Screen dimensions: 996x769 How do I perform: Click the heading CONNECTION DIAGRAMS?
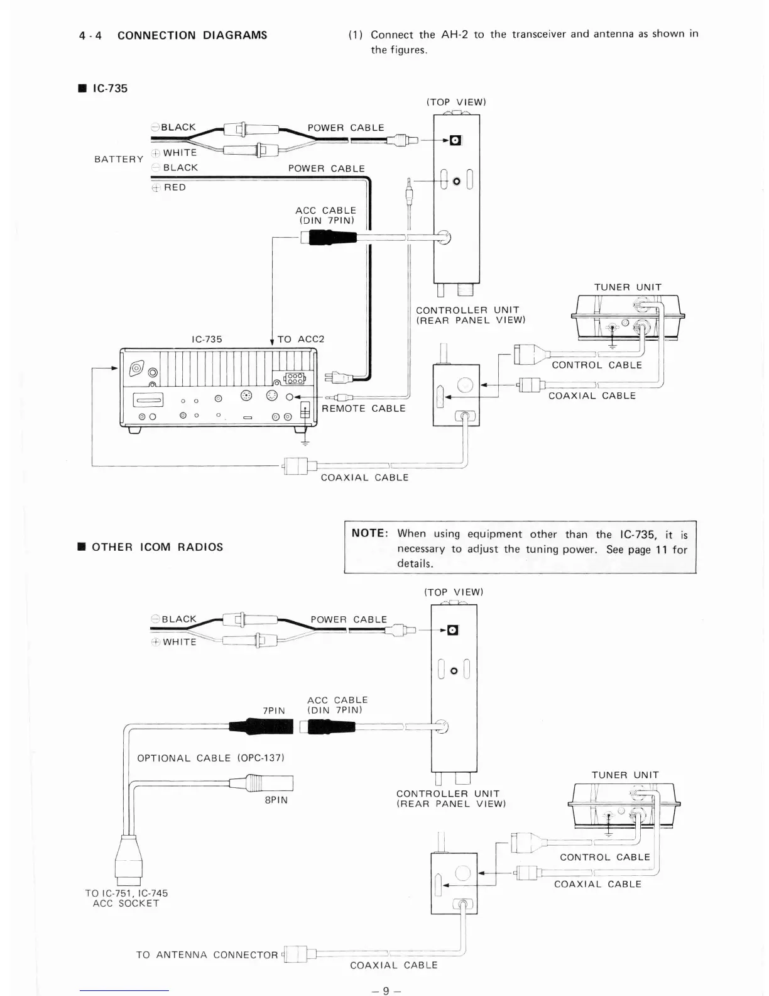(192, 35)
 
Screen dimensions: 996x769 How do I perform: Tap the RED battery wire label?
(175, 187)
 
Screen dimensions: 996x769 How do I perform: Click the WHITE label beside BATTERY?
(180, 153)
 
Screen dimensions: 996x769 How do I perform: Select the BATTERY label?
(119, 159)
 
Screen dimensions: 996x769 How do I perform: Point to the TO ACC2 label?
(301, 339)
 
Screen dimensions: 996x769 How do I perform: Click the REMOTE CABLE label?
(363, 408)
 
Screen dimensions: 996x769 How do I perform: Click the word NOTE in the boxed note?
(369, 533)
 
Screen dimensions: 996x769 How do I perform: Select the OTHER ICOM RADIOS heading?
(157, 547)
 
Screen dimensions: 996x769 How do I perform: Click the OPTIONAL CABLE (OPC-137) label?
(210, 758)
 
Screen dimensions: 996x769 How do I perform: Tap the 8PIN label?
(276, 800)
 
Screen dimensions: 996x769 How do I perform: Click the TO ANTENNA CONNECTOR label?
(207, 954)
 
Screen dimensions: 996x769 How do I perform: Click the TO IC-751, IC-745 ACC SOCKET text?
(126, 898)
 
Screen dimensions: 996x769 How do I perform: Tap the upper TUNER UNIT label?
(628, 287)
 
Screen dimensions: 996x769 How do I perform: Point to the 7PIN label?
(273, 711)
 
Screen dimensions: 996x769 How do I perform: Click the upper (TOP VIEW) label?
(456, 102)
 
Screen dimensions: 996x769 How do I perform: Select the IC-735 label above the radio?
(207, 339)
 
